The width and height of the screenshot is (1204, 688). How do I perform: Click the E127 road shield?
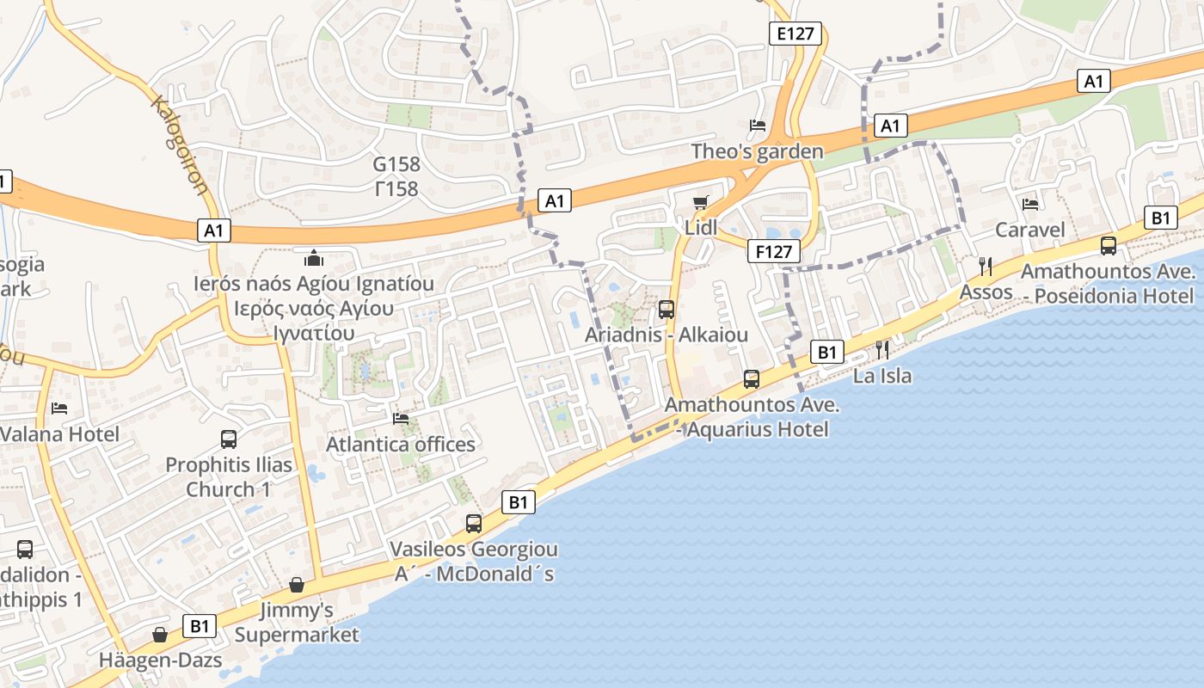tap(795, 34)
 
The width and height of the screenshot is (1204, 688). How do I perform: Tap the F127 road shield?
tap(773, 251)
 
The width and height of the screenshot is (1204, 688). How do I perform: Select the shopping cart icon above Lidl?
tap(701, 202)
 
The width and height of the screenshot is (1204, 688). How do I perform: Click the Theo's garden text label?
tap(758, 151)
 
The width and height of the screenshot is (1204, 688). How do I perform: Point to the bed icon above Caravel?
tap(1030, 204)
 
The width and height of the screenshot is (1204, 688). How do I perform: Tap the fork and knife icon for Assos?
tap(986, 267)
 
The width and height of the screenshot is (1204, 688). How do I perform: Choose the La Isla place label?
tap(882, 376)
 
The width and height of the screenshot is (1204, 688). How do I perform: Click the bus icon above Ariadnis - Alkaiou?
tap(666, 310)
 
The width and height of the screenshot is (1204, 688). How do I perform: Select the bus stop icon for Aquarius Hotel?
tap(752, 378)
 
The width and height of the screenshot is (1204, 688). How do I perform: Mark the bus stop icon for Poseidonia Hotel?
tap(1109, 246)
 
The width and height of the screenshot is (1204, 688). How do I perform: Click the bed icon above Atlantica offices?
tap(401, 419)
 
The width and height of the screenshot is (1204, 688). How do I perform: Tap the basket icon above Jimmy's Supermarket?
tap(297, 585)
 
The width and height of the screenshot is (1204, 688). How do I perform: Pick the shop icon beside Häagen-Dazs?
tap(160, 635)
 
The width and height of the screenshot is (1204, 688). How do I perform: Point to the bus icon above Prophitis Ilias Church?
tap(229, 439)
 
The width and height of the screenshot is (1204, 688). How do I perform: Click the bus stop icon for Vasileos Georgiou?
tap(474, 523)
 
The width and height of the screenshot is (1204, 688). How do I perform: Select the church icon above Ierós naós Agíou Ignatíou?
tap(314, 257)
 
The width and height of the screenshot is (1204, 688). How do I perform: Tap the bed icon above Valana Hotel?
tap(59, 408)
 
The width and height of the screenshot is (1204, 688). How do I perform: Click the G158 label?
tap(396, 164)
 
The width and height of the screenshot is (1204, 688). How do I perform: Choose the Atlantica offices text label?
tap(401, 444)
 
